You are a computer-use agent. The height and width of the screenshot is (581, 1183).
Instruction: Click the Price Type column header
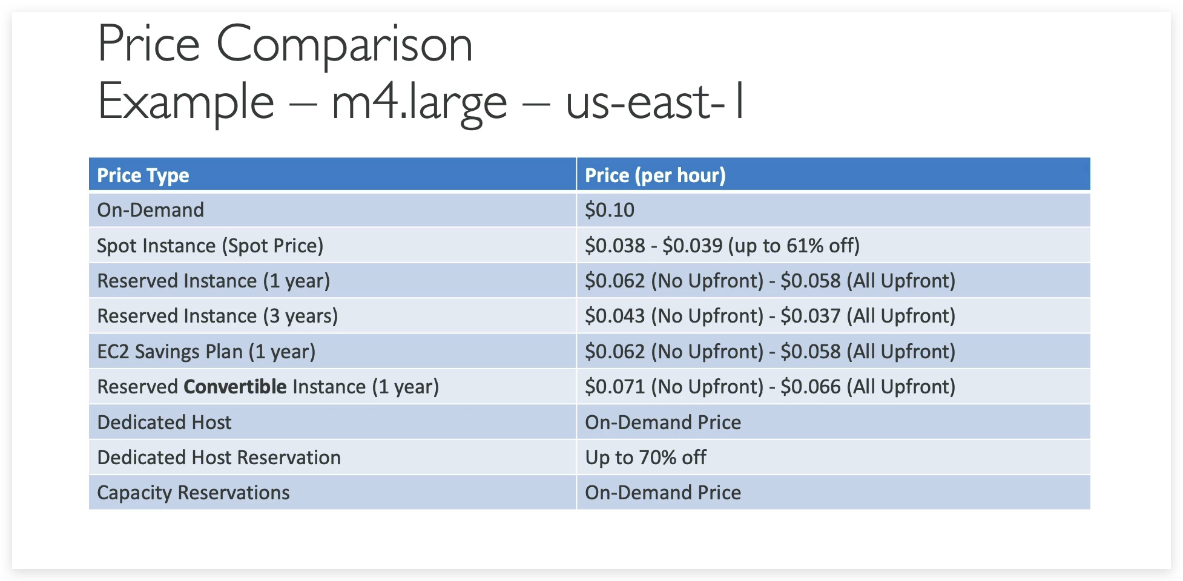click(143, 176)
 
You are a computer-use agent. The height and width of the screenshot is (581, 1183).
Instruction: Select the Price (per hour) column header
click(655, 176)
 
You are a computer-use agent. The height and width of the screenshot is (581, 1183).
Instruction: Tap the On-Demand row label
click(150, 210)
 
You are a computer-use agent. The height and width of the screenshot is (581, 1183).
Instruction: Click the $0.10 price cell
click(609, 210)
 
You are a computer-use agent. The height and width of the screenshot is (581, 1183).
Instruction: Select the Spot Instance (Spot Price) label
click(210, 246)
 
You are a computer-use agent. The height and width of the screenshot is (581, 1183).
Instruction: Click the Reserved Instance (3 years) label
click(217, 316)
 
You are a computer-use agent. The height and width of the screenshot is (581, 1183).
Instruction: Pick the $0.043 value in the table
click(615, 316)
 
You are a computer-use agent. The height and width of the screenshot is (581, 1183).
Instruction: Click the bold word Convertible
click(235, 387)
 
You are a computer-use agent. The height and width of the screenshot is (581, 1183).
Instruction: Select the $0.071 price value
click(615, 387)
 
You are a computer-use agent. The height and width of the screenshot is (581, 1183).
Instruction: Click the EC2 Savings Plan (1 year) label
click(206, 352)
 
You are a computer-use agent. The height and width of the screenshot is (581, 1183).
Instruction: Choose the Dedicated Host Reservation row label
click(219, 458)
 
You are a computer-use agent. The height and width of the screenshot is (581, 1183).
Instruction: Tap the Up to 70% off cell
click(645, 458)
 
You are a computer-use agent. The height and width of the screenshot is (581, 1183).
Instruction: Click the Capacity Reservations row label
click(193, 493)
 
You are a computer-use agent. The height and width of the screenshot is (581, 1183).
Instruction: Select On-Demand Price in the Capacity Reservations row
click(662, 493)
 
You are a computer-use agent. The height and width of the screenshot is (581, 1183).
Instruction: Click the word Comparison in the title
click(344, 44)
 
